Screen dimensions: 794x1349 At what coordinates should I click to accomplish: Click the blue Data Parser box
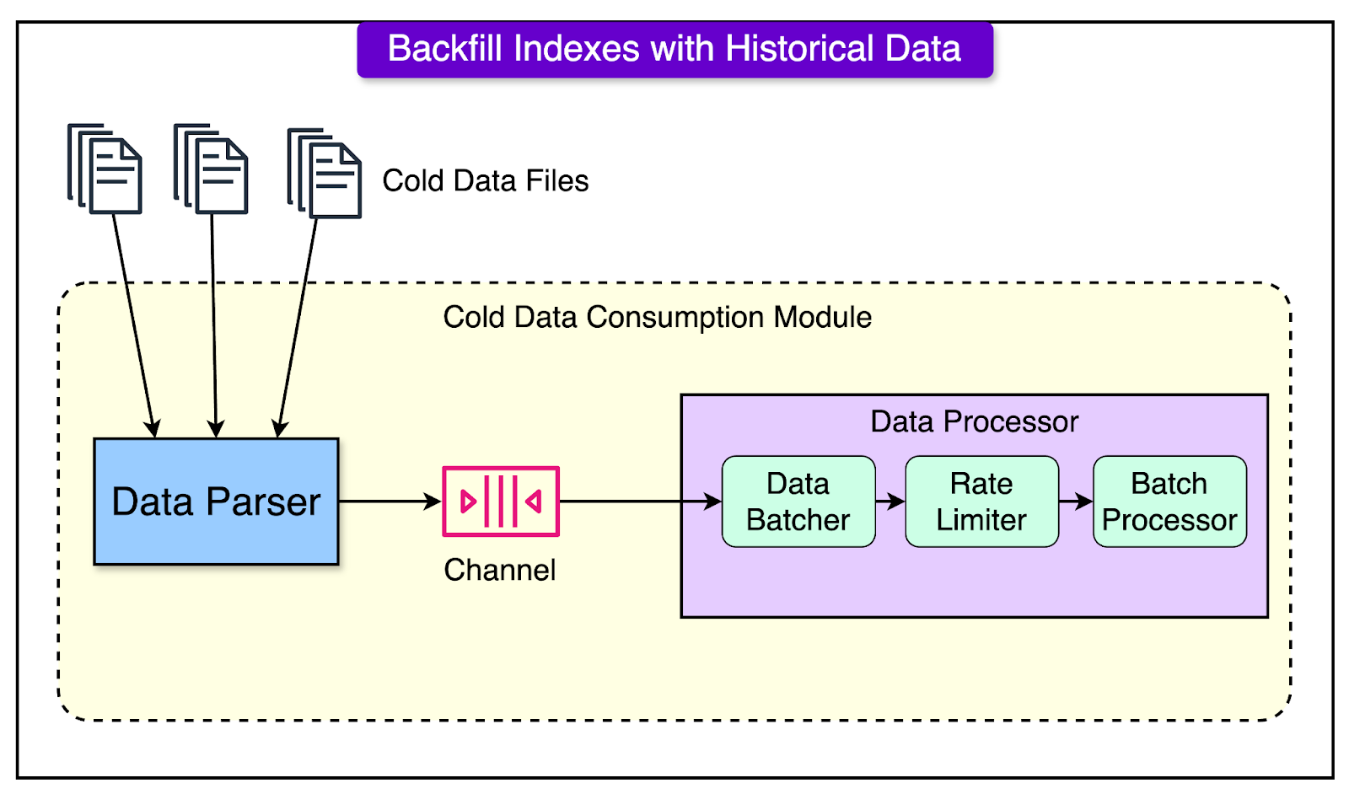216,502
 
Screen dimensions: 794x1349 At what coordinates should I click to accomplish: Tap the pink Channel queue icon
501,502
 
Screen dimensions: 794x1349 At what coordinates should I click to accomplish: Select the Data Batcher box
798,502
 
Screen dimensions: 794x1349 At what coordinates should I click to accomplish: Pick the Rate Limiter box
981,502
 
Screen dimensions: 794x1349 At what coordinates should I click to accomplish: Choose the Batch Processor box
1169,502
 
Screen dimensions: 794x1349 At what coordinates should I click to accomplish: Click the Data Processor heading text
974,421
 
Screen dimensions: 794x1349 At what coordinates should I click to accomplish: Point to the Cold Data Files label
485,180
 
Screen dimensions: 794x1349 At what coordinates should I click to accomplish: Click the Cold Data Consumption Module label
657,318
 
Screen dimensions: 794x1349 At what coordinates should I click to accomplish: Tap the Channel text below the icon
499,571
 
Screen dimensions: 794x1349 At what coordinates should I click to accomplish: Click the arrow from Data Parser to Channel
390,502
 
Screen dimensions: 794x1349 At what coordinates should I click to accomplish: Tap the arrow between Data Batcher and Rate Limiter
890,502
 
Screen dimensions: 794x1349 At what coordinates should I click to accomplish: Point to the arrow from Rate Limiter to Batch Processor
1076,502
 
